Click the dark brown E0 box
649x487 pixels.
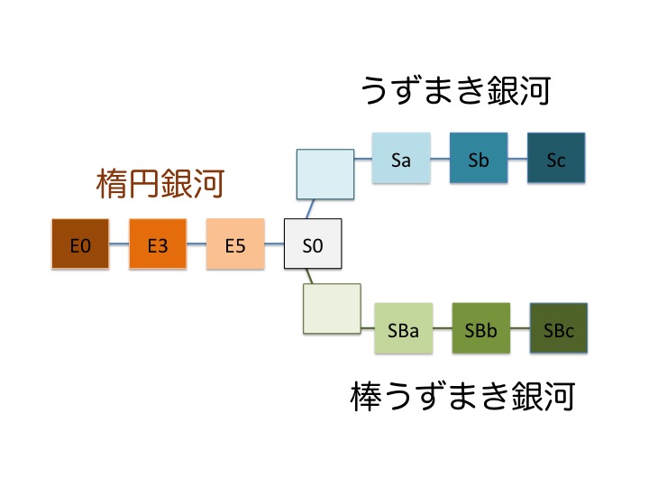80,243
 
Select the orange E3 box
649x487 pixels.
158,243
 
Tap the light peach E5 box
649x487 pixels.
235,243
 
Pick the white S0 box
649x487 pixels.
313,243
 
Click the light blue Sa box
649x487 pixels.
401,158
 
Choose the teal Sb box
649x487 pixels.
479,158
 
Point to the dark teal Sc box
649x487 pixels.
556,158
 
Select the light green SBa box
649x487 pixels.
404,328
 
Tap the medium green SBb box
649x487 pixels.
481,328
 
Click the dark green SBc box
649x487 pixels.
559,328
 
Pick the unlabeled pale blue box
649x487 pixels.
325,174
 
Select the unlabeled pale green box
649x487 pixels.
332,308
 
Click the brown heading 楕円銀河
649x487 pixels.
160,183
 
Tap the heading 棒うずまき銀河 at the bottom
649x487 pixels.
462,396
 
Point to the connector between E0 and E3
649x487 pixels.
119,243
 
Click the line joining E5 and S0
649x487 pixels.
274,243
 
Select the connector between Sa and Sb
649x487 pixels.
440,158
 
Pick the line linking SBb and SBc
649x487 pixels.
520,328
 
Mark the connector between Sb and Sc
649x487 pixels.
517,158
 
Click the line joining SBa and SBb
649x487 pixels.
443,328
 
